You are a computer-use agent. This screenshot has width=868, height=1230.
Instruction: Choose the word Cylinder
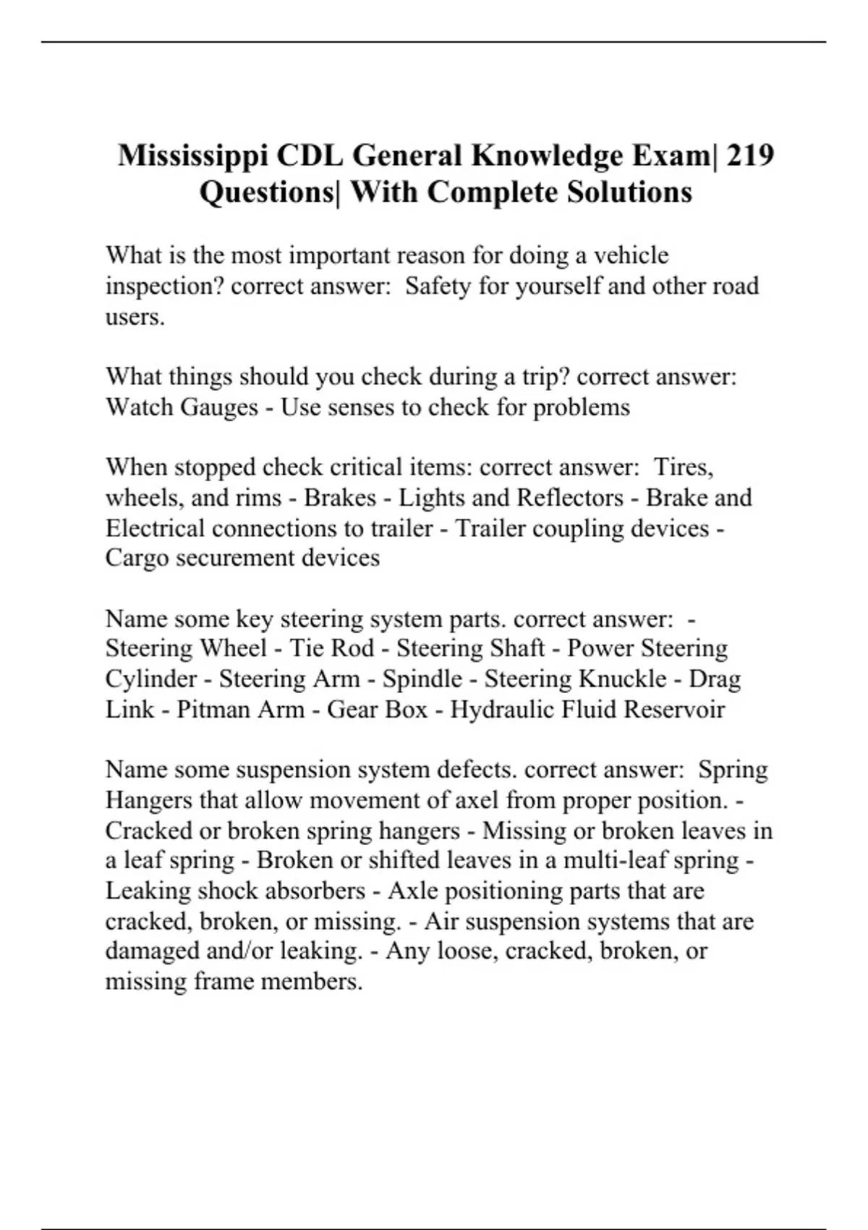150,679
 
